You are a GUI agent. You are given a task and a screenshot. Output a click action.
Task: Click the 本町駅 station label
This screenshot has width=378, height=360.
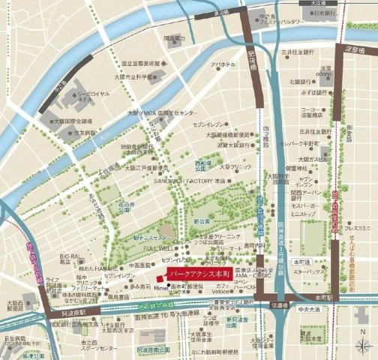tap(323, 297)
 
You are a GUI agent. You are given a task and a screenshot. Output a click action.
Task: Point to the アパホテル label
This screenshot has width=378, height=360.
tap(223, 65)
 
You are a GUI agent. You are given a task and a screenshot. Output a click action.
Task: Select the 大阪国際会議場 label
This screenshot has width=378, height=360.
tap(72, 120)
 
